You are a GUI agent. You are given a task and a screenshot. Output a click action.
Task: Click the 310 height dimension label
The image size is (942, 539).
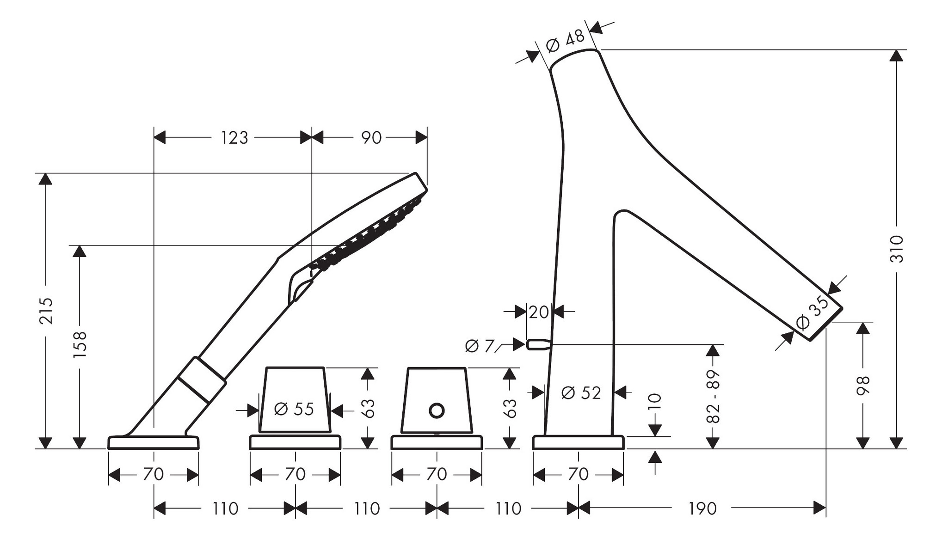(897, 249)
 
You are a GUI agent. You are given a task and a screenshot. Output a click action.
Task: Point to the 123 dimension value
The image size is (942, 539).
(234, 138)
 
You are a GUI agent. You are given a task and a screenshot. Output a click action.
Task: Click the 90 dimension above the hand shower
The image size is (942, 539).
(371, 138)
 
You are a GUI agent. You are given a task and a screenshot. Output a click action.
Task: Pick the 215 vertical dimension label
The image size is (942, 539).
(46, 311)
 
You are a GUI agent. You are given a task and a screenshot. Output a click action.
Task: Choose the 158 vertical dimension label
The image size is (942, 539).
(80, 344)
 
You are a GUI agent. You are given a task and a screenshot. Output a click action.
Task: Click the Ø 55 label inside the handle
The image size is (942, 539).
(294, 409)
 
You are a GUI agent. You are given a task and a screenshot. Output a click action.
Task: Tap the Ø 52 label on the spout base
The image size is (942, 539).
(581, 393)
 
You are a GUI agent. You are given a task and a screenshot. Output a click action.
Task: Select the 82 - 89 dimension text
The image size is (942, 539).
(714, 396)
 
